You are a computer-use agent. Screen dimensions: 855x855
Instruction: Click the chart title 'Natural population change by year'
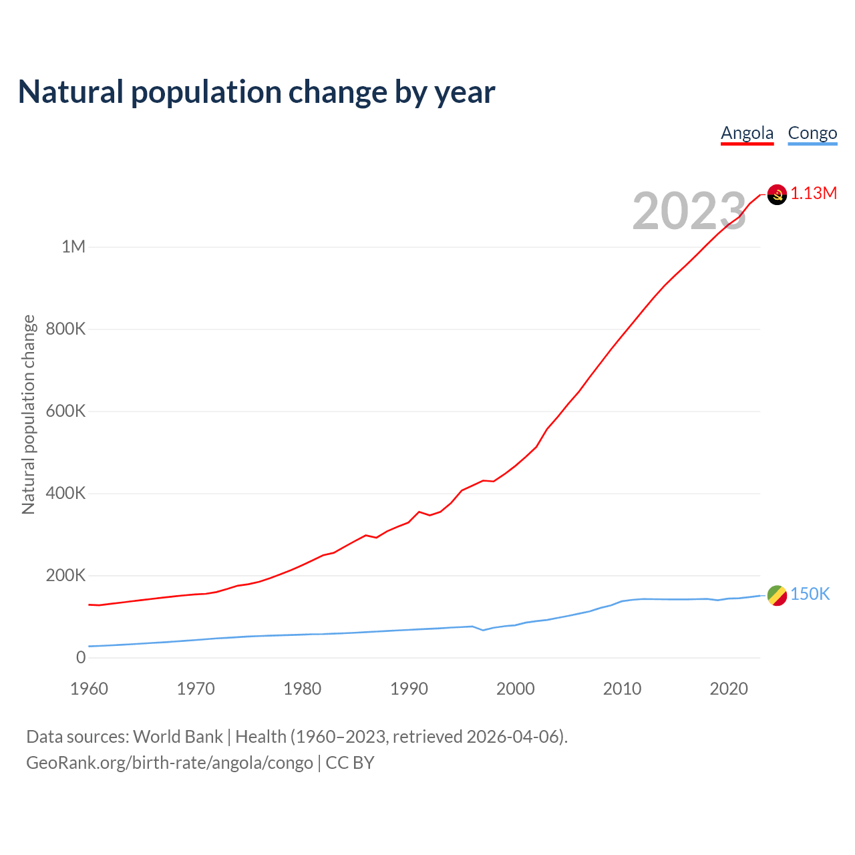[256, 92]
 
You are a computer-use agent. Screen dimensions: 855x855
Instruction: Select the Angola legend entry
[747, 134]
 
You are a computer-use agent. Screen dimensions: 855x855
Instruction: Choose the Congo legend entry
[812, 134]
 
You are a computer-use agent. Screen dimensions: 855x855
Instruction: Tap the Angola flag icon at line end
[777, 194]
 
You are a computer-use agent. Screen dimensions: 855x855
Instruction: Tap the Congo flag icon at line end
[777, 595]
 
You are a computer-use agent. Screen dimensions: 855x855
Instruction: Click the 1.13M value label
[814, 194]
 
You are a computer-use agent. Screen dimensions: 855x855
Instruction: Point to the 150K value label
[810, 594]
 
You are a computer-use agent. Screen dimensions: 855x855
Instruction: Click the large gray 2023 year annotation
[689, 211]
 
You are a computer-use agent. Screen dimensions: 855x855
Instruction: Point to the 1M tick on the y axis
[73, 247]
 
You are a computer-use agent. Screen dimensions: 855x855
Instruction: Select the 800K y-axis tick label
[65, 329]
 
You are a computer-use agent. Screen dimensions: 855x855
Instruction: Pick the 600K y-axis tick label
[65, 411]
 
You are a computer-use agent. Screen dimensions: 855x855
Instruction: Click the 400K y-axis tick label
[65, 494]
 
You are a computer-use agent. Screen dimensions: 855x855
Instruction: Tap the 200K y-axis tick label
[65, 576]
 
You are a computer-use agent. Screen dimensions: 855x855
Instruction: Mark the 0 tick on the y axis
[81, 658]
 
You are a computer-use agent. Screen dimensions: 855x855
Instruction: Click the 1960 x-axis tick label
[89, 689]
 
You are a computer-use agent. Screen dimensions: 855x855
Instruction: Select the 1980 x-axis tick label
[303, 689]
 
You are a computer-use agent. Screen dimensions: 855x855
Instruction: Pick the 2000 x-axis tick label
[516, 689]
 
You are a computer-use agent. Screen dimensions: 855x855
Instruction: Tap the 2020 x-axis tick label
[729, 689]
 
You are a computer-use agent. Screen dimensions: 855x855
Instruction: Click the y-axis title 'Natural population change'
[29, 414]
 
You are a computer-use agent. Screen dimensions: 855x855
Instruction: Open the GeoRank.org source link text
[170, 763]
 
